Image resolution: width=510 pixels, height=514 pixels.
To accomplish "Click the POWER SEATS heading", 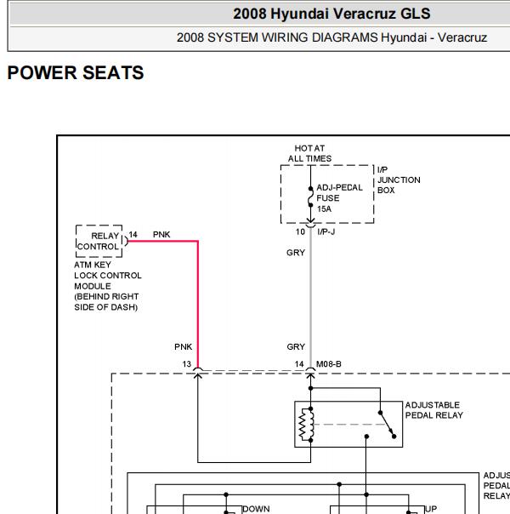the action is [76, 72].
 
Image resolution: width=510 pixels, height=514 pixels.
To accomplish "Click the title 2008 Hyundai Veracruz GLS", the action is [331, 14].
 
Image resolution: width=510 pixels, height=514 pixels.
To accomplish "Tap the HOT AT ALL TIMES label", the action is [309, 153].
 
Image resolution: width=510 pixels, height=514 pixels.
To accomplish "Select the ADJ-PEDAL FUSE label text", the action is [339, 192].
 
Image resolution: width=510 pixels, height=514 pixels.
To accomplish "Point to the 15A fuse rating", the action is [324, 208].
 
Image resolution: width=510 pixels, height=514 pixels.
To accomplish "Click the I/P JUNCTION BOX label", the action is [399, 180].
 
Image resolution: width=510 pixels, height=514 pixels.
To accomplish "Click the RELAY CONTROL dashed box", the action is [99, 241].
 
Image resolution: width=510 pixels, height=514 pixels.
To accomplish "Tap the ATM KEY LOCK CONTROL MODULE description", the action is [108, 286].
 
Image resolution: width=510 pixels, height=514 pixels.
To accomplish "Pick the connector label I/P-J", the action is [326, 232].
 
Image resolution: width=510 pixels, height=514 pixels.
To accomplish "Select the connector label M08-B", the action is [329, 364].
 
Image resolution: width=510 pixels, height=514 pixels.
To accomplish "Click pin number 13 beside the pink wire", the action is [187, 364].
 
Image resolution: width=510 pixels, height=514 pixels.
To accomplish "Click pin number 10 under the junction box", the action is [300, 232].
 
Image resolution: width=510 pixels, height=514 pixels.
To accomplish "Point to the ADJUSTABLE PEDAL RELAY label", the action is [434, 410].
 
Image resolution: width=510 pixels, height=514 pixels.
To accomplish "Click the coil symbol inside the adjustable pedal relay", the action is [306, 425].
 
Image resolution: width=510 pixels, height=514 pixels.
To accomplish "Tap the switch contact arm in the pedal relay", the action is [387, 425].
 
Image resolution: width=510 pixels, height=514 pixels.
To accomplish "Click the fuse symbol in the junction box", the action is [310, 197].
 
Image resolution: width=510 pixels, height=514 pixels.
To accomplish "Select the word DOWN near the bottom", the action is [256, 509].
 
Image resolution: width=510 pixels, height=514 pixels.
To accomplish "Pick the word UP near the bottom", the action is [431, 509].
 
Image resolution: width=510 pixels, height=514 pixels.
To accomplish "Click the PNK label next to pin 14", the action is [161, 235].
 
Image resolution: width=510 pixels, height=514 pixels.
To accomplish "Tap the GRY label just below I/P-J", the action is [296, 253].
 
